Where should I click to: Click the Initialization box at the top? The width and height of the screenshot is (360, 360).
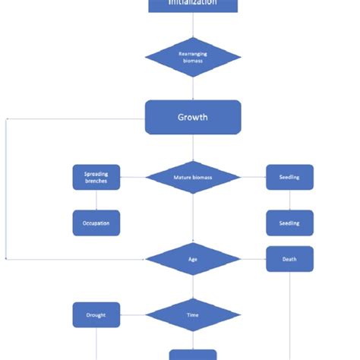(x=193, y=5)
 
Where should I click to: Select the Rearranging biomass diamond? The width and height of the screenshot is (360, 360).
(x=193, y=57)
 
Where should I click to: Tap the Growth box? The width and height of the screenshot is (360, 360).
(x=193, y=117)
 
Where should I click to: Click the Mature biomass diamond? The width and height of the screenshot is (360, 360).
(x=193, y=178)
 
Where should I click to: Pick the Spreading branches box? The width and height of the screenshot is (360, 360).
(x=96, y=178)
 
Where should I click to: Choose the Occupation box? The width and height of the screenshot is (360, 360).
(x=96, y=223)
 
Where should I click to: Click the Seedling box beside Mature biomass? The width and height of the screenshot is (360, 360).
(x=289, y=178)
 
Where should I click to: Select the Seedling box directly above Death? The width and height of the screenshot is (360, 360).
(x=289, y=223)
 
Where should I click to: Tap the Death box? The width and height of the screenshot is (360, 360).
(x=289, y=259)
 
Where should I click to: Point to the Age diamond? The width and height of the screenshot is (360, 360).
(x=193, y=259)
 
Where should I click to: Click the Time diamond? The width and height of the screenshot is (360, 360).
(x=193, y=314)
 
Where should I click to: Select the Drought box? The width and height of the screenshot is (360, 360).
(x=96, y=314)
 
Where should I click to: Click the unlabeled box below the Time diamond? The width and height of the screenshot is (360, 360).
(x=193, y=355)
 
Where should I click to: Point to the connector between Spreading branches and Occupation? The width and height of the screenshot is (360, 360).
(x=96, y=201)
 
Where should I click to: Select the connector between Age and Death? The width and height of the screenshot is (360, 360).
(x=253, y=259)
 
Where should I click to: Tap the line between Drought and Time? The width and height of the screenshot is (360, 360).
(x=132, y=314)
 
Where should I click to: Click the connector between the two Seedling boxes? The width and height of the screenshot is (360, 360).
(x=289, y=201)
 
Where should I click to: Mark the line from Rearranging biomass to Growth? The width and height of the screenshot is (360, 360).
(x=193, y=88)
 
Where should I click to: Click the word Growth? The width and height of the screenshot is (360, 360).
(x=193, y=118)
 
